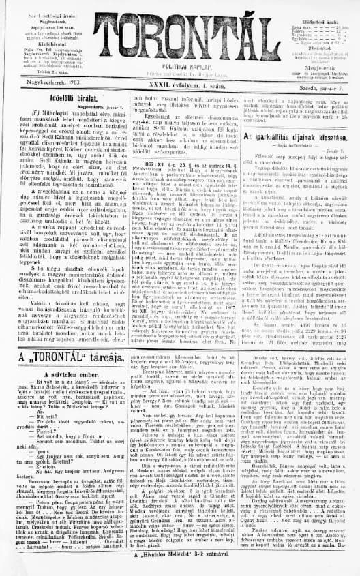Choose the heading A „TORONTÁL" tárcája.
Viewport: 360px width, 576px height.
64,357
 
